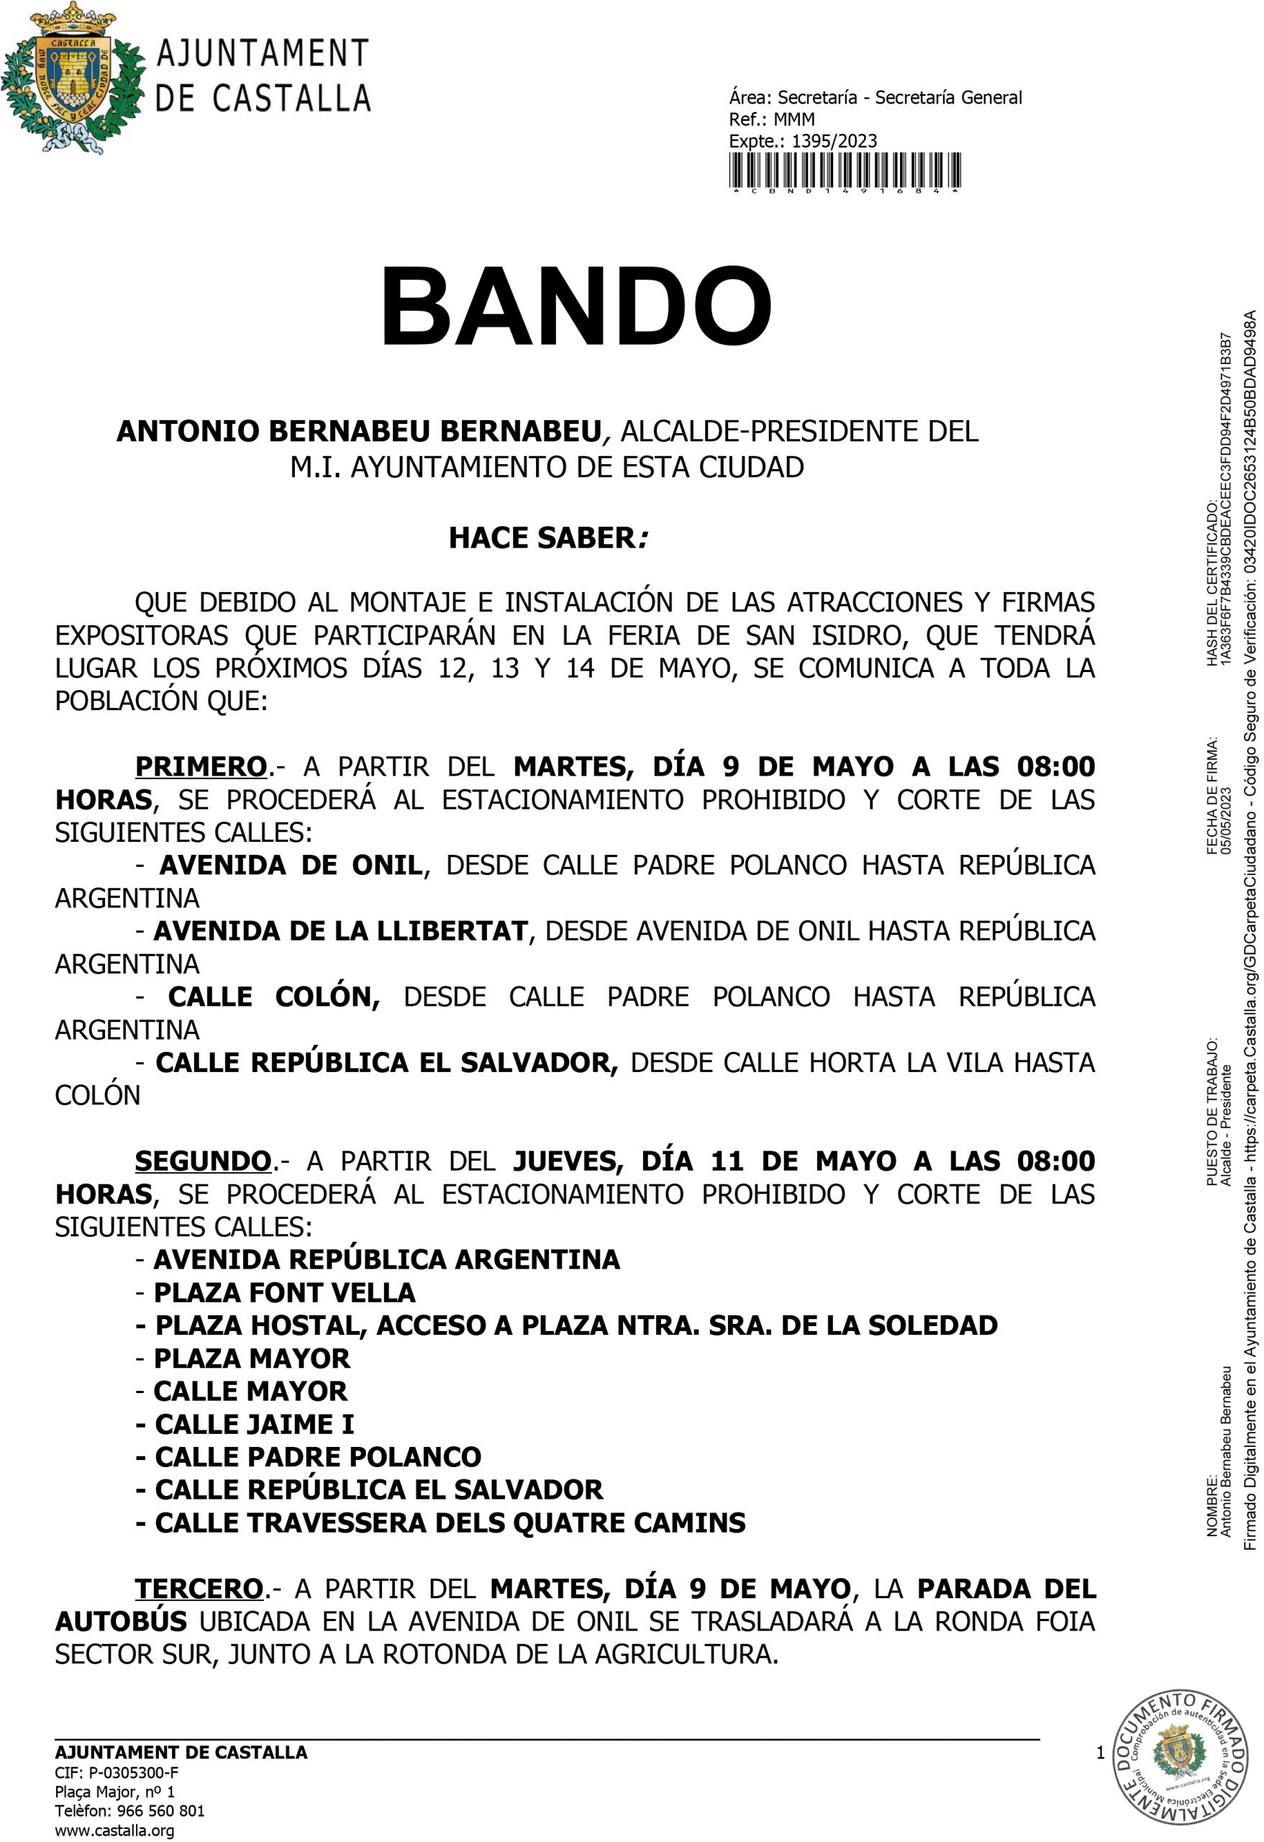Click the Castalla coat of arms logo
(73, 78)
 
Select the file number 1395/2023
(835, 141)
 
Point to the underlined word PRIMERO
(201, 766)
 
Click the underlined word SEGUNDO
(203, 1161)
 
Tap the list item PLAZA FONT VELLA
(284, 1293)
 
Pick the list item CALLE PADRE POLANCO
(318, 1457)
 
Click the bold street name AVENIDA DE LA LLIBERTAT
(341, 930)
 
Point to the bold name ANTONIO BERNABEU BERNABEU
(359, 431)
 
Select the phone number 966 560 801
(161, 1811)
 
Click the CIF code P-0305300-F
(133, 1772)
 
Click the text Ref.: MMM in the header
(771, 119)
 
